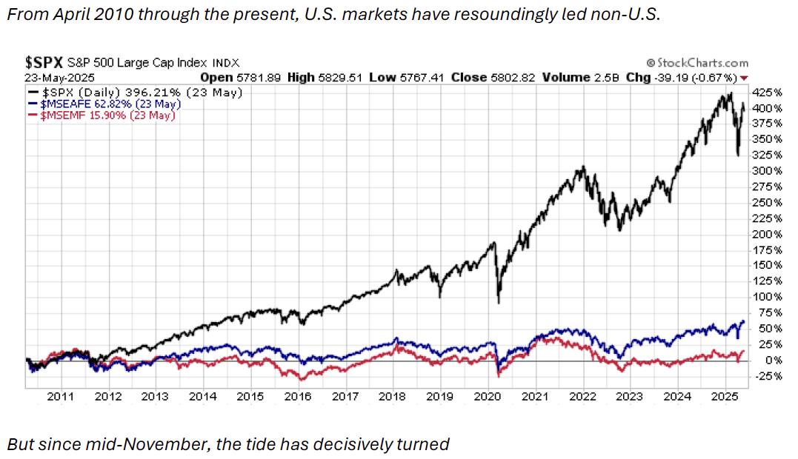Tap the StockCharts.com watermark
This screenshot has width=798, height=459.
click(x=697, y=64)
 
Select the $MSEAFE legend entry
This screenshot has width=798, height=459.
click(x=103, y=104)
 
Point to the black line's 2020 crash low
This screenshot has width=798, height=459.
click(x=499, y=301)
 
